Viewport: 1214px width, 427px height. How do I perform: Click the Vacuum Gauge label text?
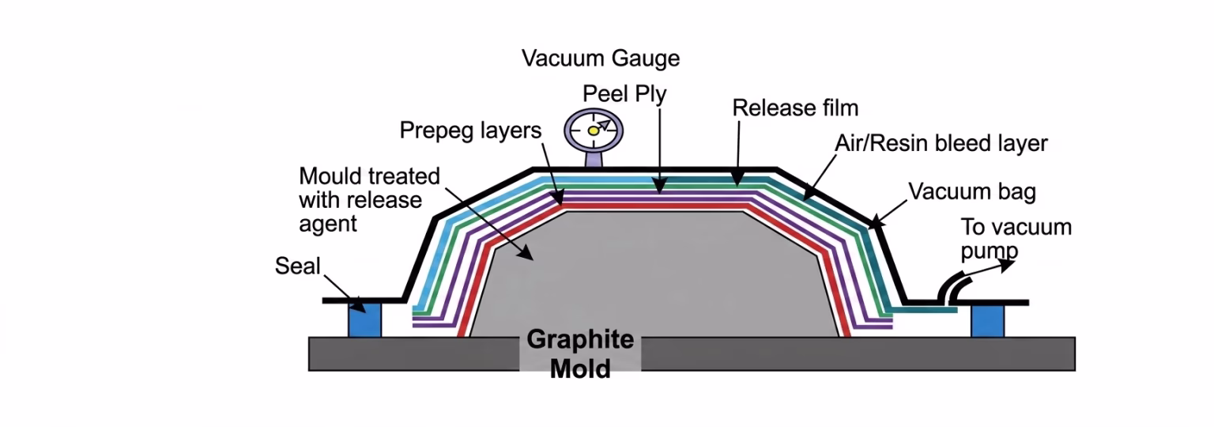tap(601, 59)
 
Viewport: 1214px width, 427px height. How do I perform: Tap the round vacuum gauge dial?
tap(594, 130)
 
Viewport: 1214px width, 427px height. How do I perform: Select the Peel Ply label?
tap(624, 94)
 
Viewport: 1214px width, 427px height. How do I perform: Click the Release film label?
tap(795, 108)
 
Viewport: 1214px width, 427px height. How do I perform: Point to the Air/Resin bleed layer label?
tap(941, 143)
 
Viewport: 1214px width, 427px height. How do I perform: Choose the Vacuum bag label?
tap(971, 191)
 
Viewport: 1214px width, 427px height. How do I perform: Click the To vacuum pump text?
tap(1015, 238)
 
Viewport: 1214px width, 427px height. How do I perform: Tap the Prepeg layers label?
tap(470, 130)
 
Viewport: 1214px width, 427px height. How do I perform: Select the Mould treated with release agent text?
tap(368, 199)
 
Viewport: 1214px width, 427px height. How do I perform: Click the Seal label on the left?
tap(297, 266)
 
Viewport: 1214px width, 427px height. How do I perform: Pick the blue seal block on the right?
tap(987, 320)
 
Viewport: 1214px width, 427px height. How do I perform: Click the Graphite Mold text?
tap(580, 353)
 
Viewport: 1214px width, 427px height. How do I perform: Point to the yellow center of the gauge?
tap(593, 130)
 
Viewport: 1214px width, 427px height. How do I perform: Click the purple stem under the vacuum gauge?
tap(594, 159)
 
